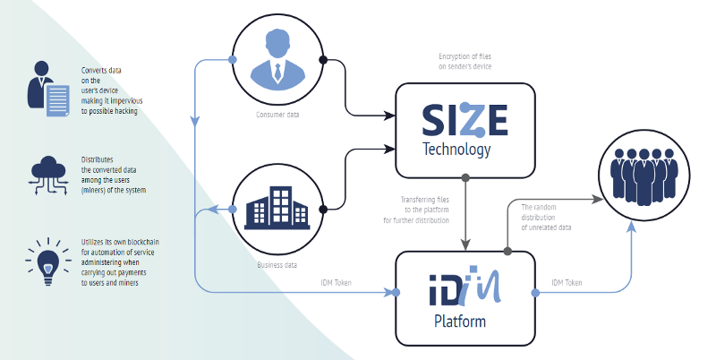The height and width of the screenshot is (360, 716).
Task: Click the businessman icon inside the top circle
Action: tap(277, 62)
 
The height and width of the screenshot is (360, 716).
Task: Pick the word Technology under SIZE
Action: tap(457, 150)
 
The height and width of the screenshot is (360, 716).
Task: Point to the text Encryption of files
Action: tap(458, 60)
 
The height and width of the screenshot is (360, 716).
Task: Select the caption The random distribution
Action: tap(546, 218)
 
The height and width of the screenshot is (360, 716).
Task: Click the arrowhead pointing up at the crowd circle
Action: tap(633, 227)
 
